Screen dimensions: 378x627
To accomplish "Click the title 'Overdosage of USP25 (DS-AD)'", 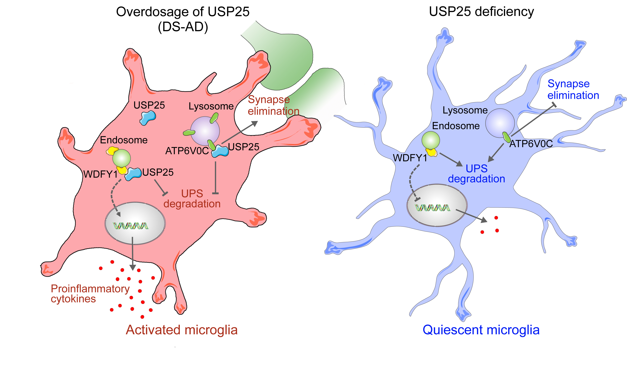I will coord(183,19).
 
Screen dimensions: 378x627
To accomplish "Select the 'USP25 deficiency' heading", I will coord(481,12).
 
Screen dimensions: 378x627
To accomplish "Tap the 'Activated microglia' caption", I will coord(182,330).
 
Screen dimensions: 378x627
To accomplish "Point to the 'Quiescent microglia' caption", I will coord(481,330).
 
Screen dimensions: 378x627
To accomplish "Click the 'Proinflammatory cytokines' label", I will coord(90,293).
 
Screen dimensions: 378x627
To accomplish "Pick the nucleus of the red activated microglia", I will coord(135,223).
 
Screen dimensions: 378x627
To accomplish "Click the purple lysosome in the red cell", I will coord(205,131).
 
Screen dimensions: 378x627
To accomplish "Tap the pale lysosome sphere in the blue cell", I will coord(500,123).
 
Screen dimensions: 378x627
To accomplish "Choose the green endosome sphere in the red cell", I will coord(122,158).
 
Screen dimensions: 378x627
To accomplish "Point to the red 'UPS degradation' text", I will coord(192,199).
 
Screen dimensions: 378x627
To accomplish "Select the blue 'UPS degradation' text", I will coord(476,174).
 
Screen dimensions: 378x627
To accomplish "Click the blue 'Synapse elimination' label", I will coord(573,90).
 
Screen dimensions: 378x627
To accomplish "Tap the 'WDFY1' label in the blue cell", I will coord(410,158).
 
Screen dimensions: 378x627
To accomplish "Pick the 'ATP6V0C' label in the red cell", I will coord(187,151).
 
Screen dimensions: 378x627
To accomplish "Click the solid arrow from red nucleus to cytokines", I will coord(132,253).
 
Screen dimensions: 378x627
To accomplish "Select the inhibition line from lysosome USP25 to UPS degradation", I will coord(215,178).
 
